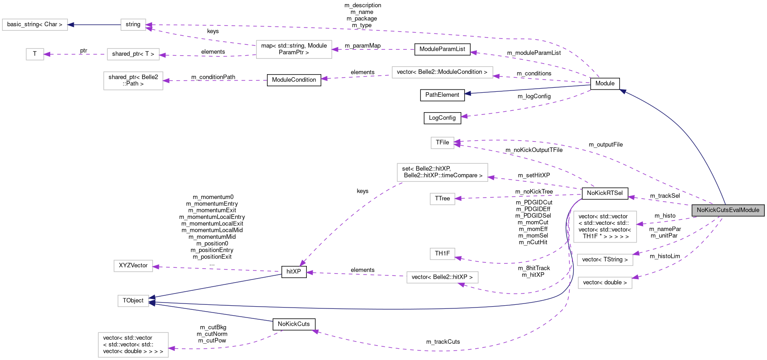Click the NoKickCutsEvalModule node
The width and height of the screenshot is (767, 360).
(728, 210)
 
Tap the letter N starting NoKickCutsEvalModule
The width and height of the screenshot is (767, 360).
(699, 210)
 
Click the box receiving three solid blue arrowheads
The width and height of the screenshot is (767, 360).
(133, 301)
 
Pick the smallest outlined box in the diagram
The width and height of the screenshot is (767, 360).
(35, 54)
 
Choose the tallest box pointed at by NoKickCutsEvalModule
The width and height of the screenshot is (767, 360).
(605, 227)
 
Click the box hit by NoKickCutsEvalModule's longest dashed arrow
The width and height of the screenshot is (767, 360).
(442, 143)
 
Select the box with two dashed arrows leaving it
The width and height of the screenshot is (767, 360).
(294, 49)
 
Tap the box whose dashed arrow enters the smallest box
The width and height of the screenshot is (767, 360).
(133, 54)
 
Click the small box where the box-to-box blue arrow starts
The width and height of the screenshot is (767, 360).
(133, 25)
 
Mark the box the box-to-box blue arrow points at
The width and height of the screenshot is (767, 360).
(35, 25)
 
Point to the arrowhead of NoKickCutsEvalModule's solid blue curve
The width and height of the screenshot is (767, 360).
(623, 91)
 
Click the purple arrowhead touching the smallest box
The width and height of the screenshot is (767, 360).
(47, 54)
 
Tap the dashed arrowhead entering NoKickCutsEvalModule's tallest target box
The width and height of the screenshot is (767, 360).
(640, 224)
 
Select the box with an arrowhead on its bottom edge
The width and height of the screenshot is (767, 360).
(442, 277)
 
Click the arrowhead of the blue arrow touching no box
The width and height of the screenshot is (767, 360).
(467, 94)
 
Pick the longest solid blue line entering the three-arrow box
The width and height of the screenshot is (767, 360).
(362, 309)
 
